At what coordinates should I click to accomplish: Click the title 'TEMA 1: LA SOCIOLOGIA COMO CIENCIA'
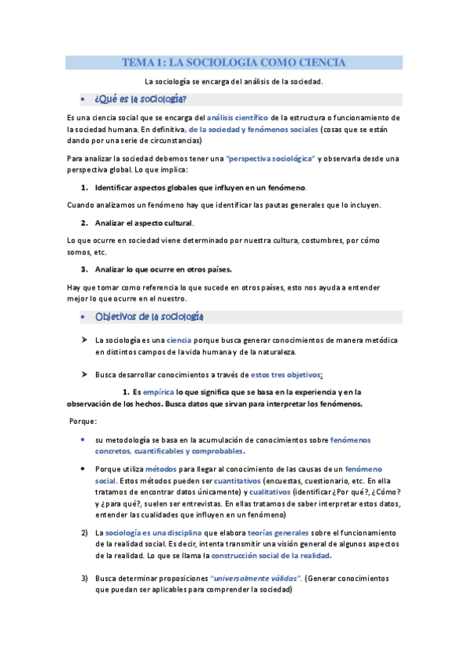point(234,62)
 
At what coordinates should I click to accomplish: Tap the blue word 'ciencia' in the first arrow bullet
point(179,340)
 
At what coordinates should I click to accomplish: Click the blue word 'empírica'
point(159,392)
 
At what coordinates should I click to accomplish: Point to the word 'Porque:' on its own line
point(84,421)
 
